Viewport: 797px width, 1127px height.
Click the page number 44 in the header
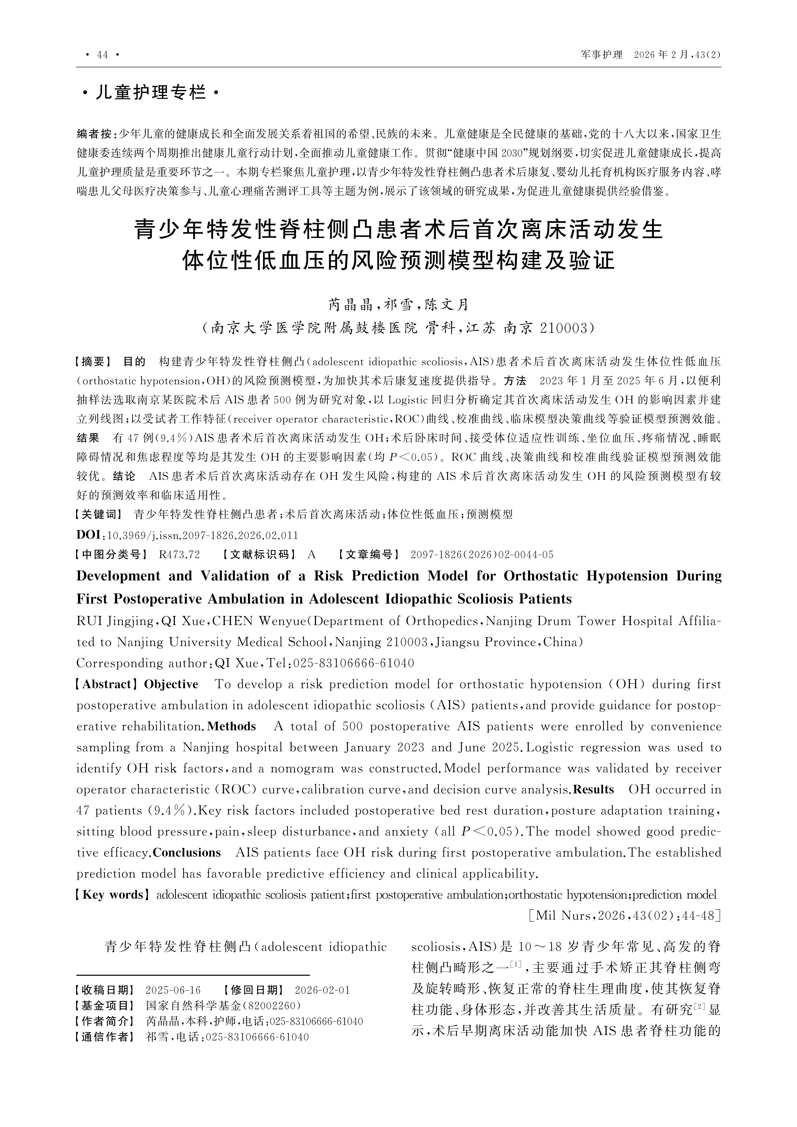102,54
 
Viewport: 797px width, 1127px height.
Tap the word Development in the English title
118,576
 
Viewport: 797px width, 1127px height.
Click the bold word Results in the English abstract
594,789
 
